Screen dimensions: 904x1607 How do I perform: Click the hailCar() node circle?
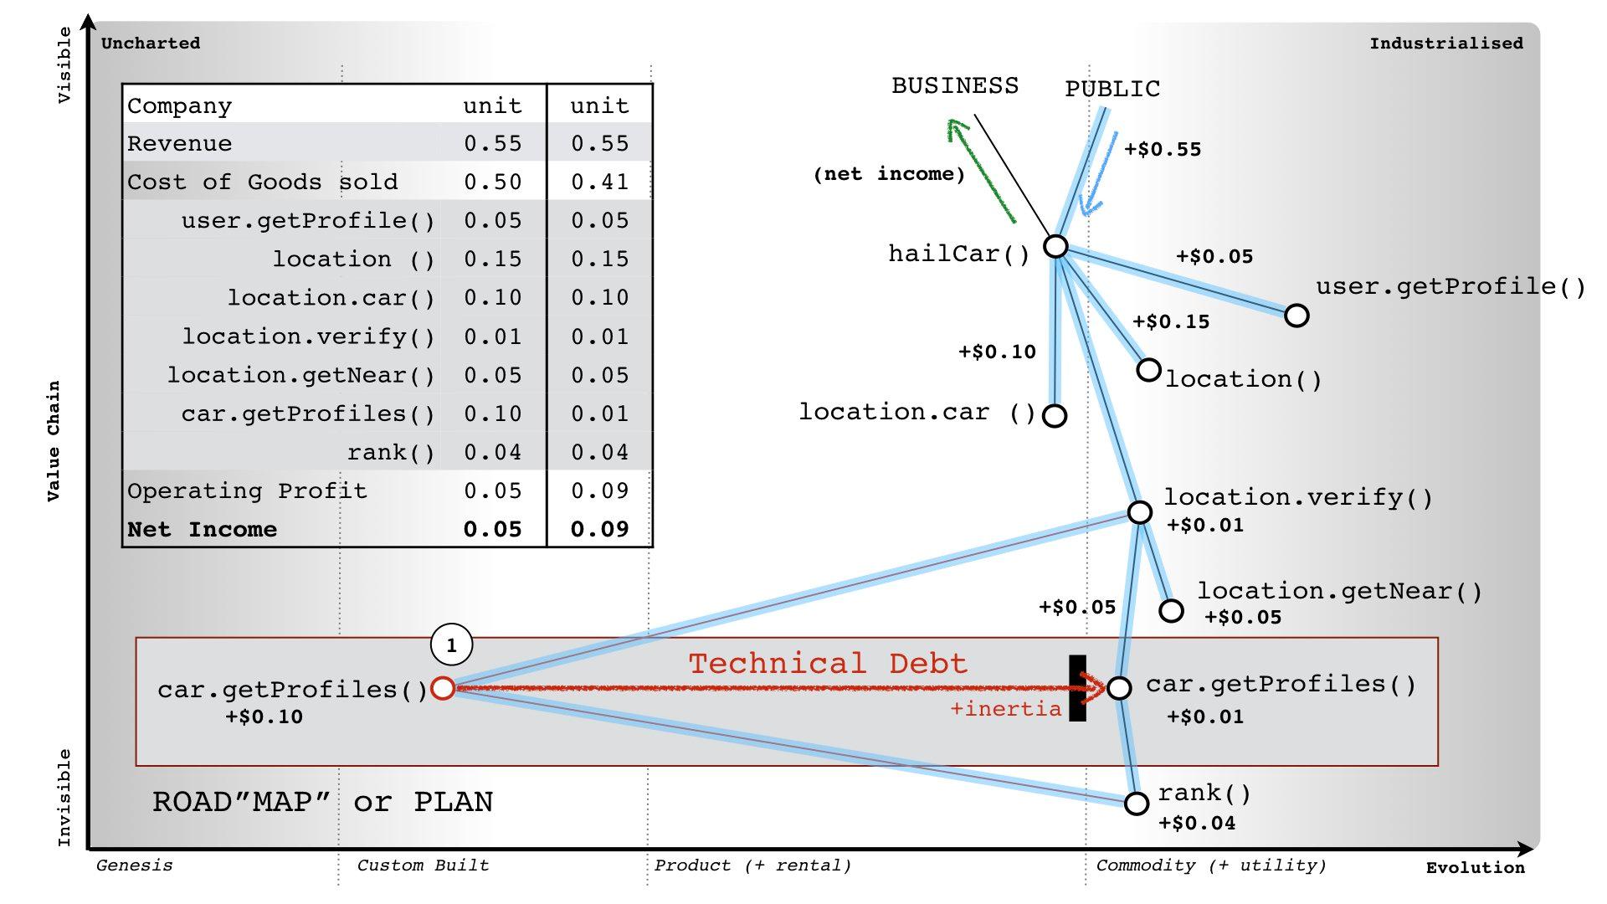1056,246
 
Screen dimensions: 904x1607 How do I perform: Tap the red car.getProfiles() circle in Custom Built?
443,688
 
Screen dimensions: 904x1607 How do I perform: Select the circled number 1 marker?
451,645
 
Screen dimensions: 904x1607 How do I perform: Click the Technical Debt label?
828,664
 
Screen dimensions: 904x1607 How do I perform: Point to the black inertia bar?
1077,688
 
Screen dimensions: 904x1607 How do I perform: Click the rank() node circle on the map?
1137,804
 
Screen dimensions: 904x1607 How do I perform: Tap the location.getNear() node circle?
1172,611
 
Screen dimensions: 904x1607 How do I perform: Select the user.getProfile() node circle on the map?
1296,316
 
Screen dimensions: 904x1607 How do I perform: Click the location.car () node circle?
1055,415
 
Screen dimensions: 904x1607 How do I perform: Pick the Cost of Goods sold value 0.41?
599,182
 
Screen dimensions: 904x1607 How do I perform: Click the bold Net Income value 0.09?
599,530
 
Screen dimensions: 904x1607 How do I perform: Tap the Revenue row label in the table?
180,144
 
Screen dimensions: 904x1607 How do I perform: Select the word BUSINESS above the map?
955,86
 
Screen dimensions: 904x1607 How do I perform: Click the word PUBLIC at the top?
1112,89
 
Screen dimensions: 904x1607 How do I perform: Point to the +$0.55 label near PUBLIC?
1163,150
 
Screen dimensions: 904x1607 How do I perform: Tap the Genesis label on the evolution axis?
135,865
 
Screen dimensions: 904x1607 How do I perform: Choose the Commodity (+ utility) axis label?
1211,865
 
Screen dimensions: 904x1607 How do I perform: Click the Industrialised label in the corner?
1446,44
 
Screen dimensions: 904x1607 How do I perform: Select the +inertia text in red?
1005,710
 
